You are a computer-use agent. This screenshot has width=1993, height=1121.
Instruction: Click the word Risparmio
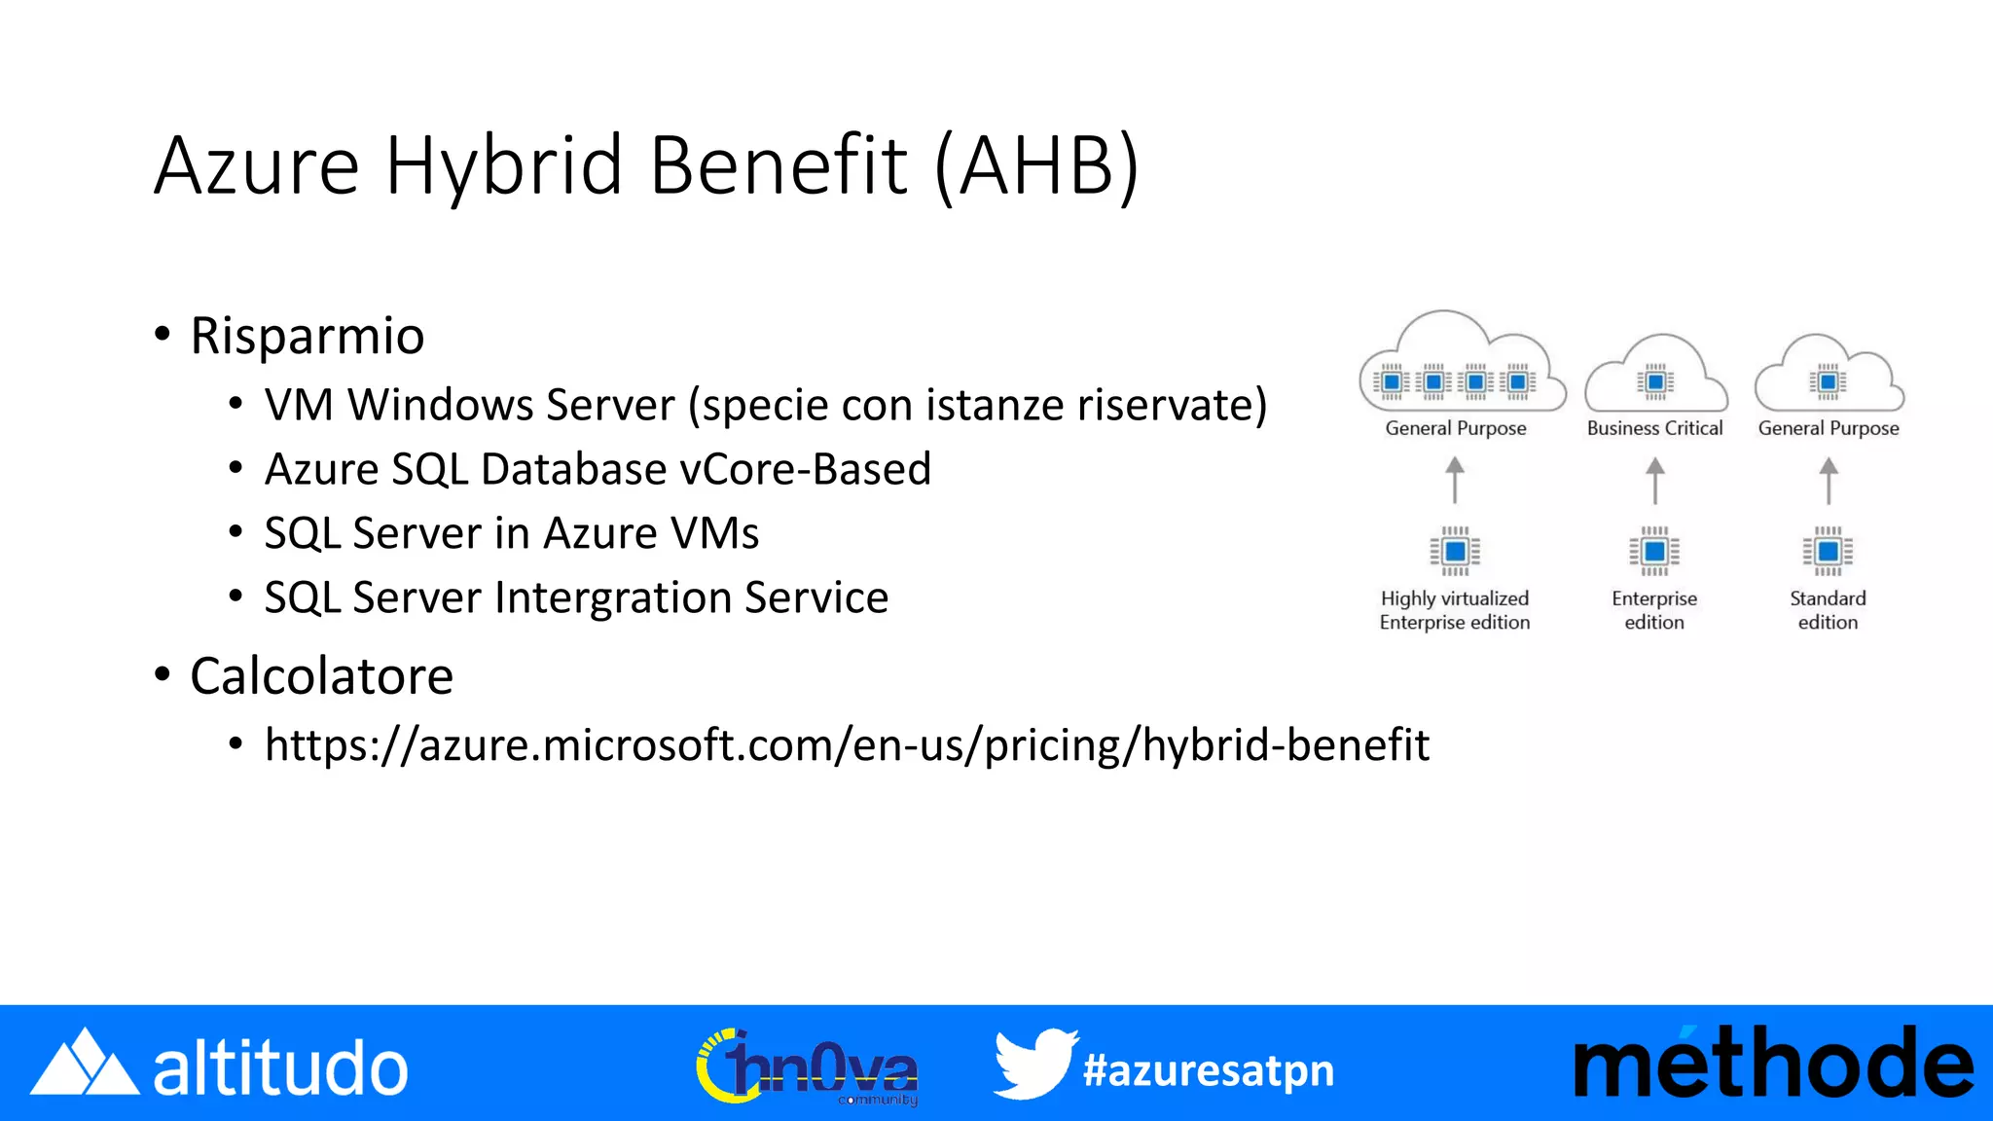[308, 337]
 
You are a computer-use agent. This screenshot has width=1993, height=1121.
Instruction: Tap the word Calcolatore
[321, 676]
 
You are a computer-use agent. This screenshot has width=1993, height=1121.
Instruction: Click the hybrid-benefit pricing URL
[847, 745]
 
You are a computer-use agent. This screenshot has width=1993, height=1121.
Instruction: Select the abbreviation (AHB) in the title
[1037, 166]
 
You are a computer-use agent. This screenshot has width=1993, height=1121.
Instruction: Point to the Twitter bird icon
[1034, 1065]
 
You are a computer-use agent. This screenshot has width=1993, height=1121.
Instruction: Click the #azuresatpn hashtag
[1209, 1070]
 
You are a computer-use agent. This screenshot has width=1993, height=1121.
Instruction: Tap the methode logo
[1773, 1065]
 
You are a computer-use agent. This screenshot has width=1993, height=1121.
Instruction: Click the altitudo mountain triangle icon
[85, 1064]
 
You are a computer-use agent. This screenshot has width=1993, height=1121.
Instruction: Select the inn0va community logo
[808, 1067]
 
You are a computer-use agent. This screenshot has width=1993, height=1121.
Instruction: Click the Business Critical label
[1654, 428]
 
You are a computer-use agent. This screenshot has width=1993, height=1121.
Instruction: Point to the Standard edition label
[1828, 610]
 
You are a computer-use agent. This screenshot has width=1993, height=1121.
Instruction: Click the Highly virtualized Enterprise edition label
[1455, 610]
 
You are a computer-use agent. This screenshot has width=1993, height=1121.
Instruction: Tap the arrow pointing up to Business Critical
[1654, 481]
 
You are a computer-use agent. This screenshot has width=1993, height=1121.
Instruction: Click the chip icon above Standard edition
[1828, 552]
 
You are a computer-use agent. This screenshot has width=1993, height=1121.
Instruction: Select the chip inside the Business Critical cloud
[1654, 381]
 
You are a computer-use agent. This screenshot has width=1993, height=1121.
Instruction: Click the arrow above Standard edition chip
[1829, 481]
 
